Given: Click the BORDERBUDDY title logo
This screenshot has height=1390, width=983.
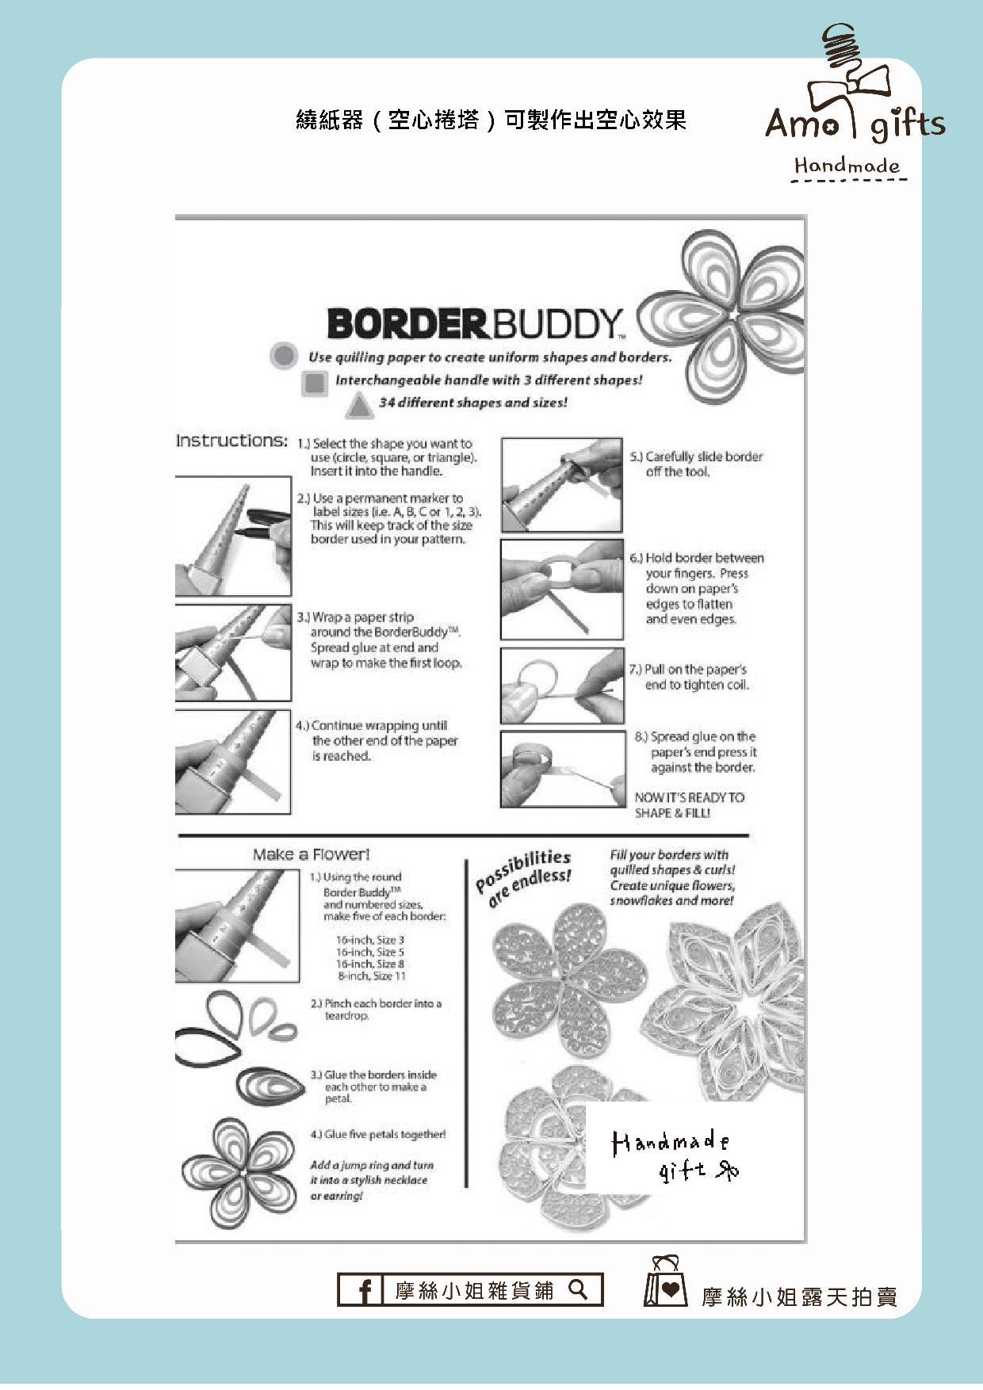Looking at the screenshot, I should tap(475, 323).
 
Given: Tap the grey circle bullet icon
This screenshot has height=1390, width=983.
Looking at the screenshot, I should tap(283, 355).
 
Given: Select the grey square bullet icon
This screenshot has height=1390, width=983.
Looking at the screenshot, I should tap(315, 383).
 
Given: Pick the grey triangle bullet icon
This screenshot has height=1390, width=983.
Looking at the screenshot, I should tap(359, 407).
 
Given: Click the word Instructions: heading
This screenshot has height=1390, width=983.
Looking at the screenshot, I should tap(231, 441).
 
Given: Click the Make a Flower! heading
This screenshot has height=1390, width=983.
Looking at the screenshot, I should tap(311, 854).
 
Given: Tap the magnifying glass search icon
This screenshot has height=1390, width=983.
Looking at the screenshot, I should tap(579, 1289).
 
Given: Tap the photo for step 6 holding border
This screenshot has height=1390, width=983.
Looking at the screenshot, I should tap(561, 590).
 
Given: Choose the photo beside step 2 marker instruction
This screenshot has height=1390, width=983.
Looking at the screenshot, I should tap(232, 537).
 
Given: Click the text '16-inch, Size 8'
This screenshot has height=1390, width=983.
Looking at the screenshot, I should tap(369, 964).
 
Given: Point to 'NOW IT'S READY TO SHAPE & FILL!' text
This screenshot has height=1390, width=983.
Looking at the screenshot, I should tap(689, 805).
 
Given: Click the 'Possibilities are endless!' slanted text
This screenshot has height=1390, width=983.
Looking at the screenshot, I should tap(523, 876).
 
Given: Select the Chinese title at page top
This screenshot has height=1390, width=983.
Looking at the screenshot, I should tap(491, 120).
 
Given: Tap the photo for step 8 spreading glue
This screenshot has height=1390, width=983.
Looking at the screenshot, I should tap(562, 769).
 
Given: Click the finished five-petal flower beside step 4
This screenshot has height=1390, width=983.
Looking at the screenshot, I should tap(237, 1172).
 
